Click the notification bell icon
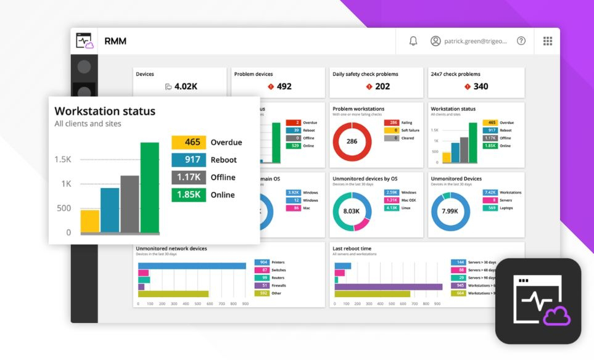[x=413, y=41]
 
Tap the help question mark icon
[x=521, y=41]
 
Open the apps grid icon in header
[x=547, y=41]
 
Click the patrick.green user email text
[x=475, y=41]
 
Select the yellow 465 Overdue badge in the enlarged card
[x=188, y=142]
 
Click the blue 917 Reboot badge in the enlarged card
[x=188, y=160]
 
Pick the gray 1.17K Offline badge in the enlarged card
[x=188, y=178]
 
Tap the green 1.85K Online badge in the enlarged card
[x=188, y=195]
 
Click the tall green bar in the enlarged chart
[x=150, y=187]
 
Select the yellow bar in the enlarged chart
[x=90, y=221]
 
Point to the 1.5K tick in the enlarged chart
[x=63, y=160]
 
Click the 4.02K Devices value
[x=185, y=86]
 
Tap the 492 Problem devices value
[x=284, y=86]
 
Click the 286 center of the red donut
[x=352, y=142]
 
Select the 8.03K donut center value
[x=352, y=211]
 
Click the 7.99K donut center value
[x=450, y=211]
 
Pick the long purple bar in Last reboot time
[x=388, y=287]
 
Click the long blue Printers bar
[x=192, y=265]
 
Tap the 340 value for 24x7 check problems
[x=481, y=86]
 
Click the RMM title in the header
[x=115, y=41]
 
